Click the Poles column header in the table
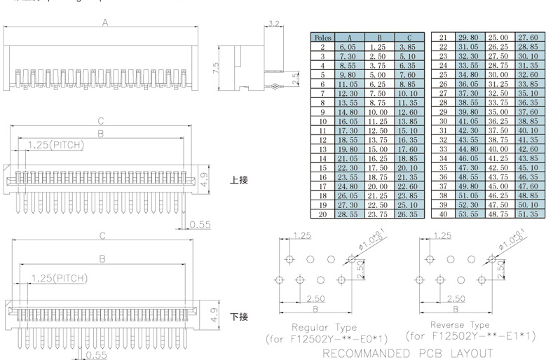point(323,38)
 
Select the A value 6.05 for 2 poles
point(348,47)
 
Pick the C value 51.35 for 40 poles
point(527,214)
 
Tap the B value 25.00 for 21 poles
point(498,38)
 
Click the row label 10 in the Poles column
point(323,121)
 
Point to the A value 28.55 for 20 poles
point(348,214)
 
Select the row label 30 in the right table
point(443,121)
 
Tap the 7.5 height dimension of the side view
point(216,67)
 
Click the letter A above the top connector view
point(105,22)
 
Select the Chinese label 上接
point(239,180)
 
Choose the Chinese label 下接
point(239,317)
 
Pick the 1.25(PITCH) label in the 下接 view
point(59,279)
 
